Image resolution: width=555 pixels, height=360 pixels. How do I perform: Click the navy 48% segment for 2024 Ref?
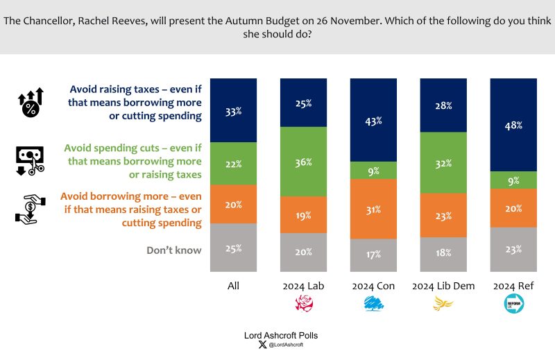(513, 125)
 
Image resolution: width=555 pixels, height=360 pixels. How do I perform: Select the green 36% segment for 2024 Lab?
(303, 162)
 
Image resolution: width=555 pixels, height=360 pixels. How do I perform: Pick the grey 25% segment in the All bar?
(232, 247)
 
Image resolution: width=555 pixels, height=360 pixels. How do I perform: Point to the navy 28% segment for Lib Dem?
(443, 105)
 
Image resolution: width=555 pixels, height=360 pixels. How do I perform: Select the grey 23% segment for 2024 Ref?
(513, 249)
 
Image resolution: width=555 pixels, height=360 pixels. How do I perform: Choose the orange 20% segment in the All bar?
(232, 204)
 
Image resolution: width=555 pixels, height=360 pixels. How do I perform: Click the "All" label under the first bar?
(232, 286)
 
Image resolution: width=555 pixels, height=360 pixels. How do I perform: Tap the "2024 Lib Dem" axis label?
(443, 286)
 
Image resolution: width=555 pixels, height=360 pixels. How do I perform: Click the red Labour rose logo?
(303, 304)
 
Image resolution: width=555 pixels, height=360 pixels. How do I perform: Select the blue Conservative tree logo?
(373, 303)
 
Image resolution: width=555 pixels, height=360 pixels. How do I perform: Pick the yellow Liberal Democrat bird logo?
(443, 302)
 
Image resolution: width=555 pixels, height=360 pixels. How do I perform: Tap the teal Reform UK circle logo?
(513, 304)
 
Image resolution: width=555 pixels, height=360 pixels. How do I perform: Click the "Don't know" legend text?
(173, 249)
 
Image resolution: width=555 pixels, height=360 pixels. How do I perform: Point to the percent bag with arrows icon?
(31, 103)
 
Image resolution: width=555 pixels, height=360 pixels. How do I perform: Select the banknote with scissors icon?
(30, 159)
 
